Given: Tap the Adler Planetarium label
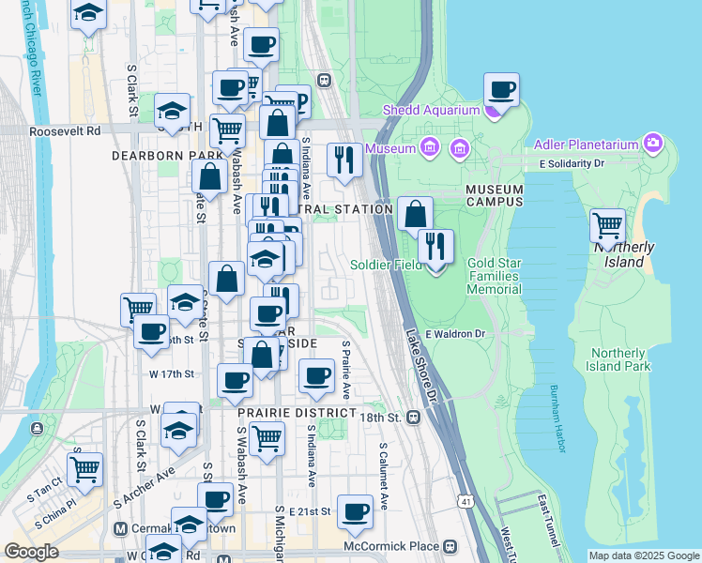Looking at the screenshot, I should click(589, 145).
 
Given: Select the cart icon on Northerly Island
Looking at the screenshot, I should click(608, 225).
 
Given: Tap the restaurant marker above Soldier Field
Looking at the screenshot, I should click(435, 246).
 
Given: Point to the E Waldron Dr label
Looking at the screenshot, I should click(455, 334).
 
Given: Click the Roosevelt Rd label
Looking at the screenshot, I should click(65, 132).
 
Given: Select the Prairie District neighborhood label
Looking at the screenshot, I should click(297, 413).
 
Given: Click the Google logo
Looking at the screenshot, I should click(32, 552).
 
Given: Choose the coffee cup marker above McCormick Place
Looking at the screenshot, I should click(355, 511).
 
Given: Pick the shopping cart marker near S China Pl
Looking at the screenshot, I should click(85, 467).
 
